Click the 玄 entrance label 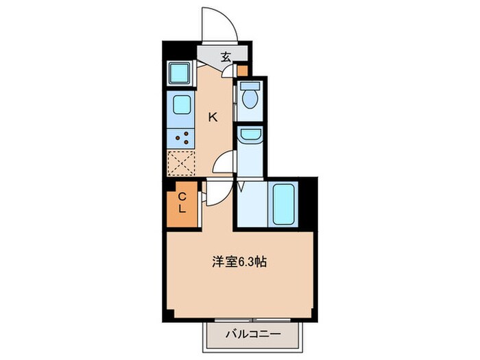click(225, 56)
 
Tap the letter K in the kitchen click(213, 117)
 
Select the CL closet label click(182, 204)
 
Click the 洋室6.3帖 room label click(239, 261)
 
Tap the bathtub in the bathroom click(283, 204)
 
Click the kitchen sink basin click(181, 106)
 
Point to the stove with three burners click(181, 137)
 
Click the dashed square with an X click(181, 163)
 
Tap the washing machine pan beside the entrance click(180, 72)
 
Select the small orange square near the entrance click(242, 69)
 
